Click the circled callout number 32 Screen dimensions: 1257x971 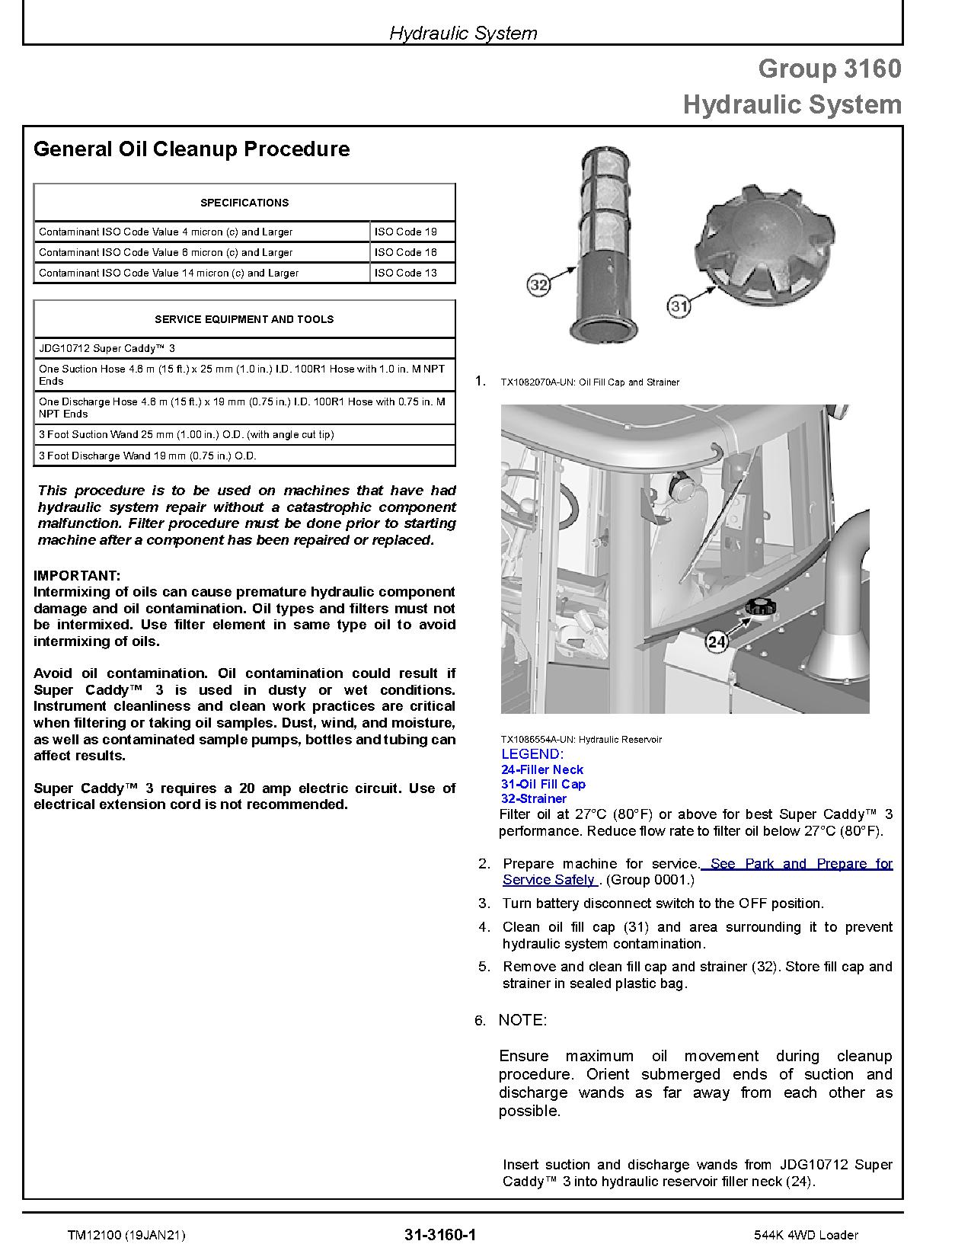click(538, 285)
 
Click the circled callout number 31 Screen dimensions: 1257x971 click(679, 306)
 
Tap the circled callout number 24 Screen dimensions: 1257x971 click(717, 641)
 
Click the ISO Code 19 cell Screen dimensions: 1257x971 click(412, 232)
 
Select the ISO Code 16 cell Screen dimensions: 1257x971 click(412, 252)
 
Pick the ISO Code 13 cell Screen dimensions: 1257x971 click(412, 273)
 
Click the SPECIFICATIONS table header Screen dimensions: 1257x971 click(244, 203)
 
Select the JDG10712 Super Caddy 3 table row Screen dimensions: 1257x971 click(244, 348)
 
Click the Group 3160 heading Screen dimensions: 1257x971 click(829, 69)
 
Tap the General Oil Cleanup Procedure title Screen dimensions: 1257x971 click(192, 149)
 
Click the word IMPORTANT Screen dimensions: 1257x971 click(77, 575)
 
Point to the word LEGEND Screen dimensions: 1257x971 click(532, 754)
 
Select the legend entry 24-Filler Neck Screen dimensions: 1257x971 click(542, 769)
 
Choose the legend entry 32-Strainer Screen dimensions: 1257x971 click(534, 798)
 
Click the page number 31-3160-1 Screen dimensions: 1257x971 click(441, 1234)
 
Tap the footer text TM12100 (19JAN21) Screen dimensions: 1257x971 click(126, 1235)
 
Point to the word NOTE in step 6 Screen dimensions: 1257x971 click(522, 1020)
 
